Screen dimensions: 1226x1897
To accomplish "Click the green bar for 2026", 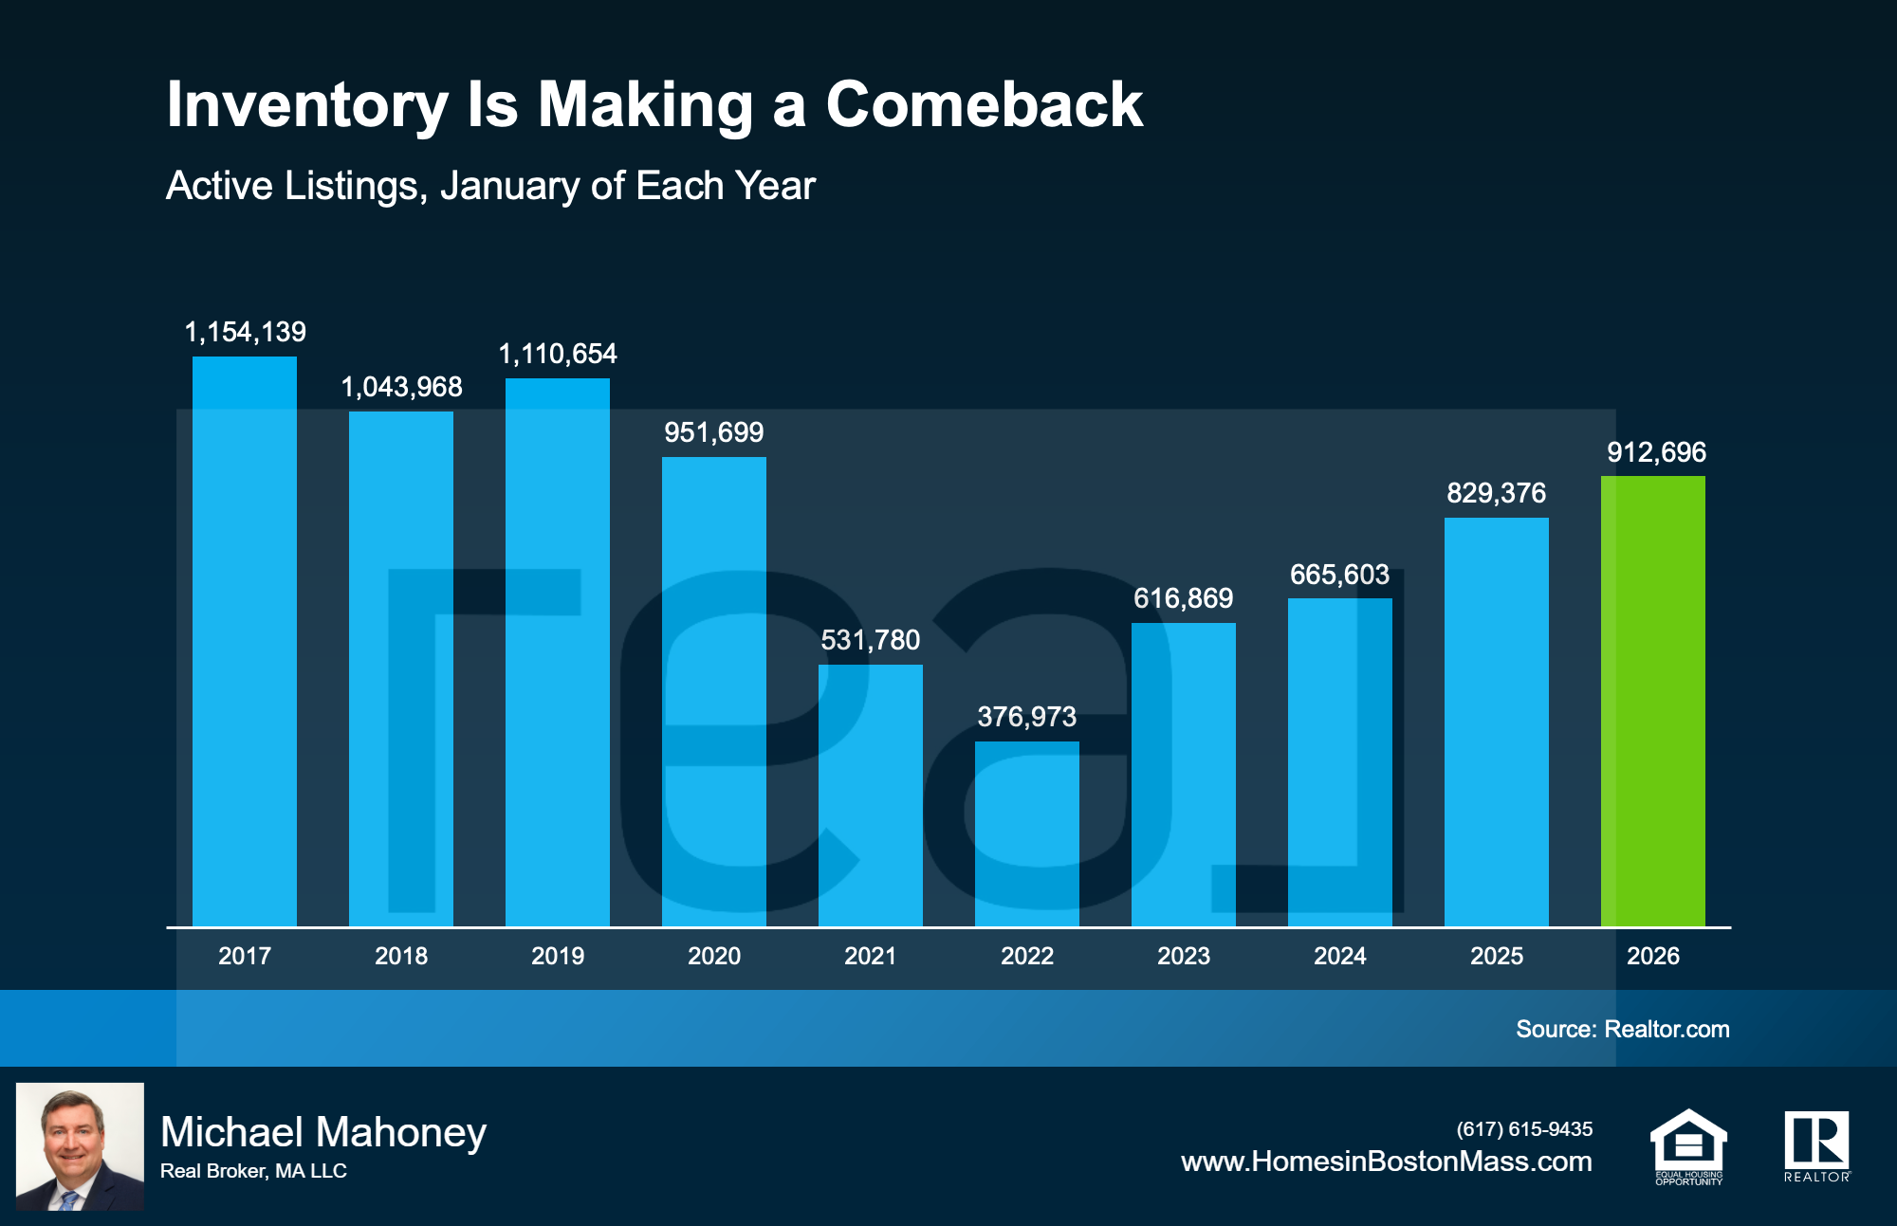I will [x=1652, y=702].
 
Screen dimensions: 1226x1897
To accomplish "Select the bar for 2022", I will [x=1026, y=834].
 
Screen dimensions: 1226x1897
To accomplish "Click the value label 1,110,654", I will [x=558, y=354].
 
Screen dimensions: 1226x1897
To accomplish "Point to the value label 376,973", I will [x=1026, y=717].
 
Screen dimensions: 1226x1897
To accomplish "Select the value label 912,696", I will [x=1656, y=452].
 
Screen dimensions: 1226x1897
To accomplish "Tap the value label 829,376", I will [x=1496, y=493].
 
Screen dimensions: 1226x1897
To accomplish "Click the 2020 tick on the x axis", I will [x=713, y=956].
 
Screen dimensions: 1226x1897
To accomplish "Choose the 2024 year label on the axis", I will [x=1339, y=956].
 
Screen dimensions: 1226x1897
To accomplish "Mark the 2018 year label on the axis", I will [x=400, y=956].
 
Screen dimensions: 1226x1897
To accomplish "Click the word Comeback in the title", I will [x=984, y=104].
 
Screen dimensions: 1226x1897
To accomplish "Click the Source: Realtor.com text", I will [x=1622, y=1029].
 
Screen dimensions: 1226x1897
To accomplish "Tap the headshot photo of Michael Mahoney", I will [x=80, y=1146].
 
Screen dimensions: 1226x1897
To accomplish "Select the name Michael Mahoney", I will [x=323, y=1132].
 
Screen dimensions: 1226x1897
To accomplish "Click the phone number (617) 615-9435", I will [x=1524, y=1129].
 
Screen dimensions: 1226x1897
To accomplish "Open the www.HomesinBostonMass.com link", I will [x=1386, y=1162].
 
